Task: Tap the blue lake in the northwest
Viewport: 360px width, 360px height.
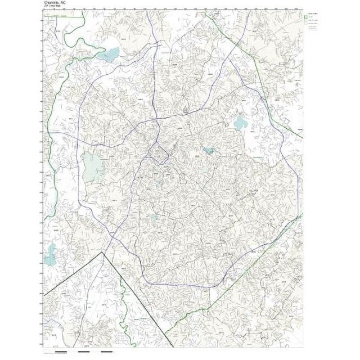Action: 110,55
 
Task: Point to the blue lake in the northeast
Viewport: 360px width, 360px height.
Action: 241,122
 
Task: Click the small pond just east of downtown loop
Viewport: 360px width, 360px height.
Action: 209,151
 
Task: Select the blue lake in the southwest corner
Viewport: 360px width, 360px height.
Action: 52,249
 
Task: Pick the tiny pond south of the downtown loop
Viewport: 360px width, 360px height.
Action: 155,217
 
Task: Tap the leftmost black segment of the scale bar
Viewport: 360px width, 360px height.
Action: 62,353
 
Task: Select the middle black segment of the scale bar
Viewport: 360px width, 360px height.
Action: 84,353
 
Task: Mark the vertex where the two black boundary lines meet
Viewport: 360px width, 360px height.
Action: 102,253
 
